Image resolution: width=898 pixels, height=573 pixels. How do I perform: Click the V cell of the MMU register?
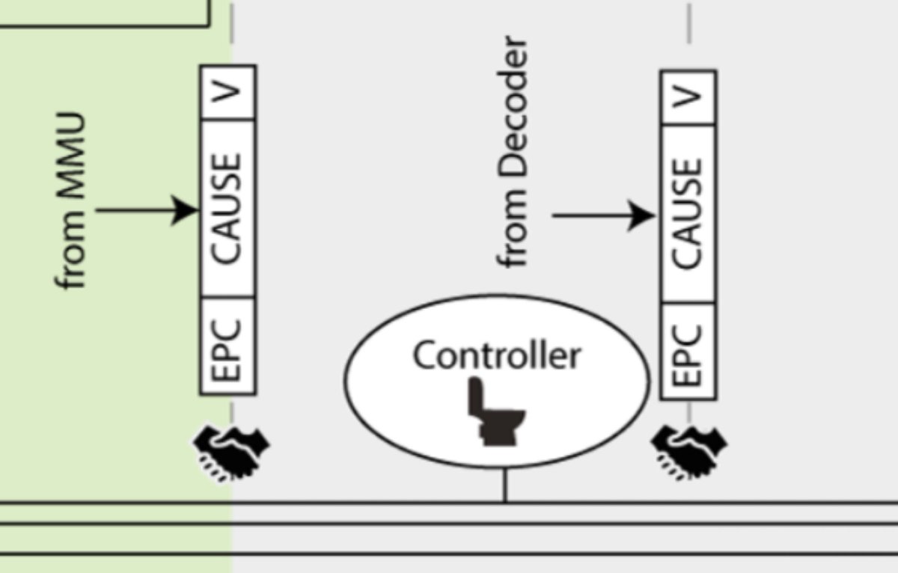[228, 93]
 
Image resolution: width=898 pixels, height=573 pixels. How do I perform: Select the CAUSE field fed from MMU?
[228, 209]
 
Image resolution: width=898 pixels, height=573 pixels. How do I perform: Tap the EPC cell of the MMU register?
[228, 346]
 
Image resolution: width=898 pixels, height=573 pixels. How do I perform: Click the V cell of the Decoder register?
[688, 97]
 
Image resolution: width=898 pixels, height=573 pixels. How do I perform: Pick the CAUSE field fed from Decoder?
[688, 214]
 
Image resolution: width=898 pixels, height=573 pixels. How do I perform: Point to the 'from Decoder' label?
[515, 153]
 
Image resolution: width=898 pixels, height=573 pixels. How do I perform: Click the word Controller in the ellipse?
[496, 355]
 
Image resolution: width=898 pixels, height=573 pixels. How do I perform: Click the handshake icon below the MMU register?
[231, 452]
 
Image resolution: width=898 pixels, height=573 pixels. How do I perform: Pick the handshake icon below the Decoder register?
[689, 451]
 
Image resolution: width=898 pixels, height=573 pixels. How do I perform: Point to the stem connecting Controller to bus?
[504, 484]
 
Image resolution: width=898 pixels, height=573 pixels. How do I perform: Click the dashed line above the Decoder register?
[688, 22]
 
